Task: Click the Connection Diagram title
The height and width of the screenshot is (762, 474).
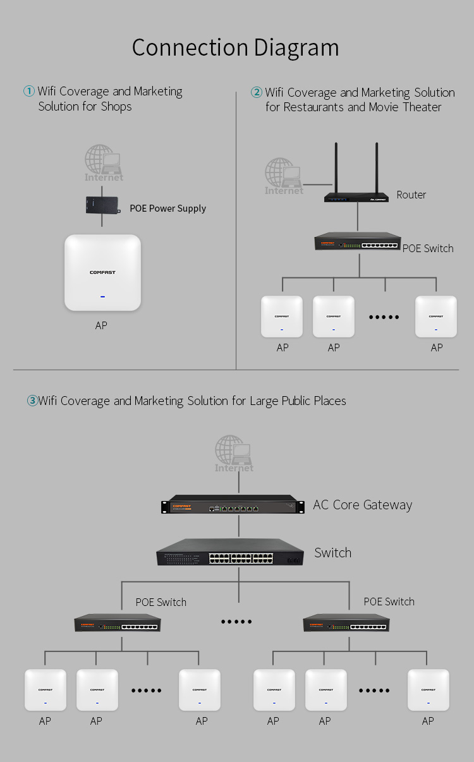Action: coord(236,48)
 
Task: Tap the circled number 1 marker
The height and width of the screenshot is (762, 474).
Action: coord(29,91)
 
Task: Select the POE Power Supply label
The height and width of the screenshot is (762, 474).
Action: coord(167,209)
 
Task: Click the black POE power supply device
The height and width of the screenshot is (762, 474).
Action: coord(103,205)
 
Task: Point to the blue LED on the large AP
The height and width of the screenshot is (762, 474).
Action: coord(102,296)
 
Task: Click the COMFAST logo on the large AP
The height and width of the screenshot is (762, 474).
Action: coord(102,272)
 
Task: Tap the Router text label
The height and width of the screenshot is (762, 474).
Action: coord(411,195)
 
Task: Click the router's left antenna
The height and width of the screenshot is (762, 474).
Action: coord(336,168)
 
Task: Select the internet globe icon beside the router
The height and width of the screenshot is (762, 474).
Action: coord(283,176)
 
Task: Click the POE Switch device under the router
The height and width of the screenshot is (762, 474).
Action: coord(358,241)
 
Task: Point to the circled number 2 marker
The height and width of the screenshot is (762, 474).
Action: coord(257,92)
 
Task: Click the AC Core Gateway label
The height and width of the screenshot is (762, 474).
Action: coord(362,505)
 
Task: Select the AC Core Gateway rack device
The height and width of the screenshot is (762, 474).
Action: coord(233,504)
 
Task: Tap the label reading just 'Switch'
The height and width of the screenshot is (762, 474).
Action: coord(333,553)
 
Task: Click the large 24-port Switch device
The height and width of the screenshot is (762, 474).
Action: coord(230,552)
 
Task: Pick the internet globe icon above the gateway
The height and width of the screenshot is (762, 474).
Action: coord(234,454)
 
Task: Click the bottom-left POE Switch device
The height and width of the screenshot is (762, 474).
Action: coord(118,623)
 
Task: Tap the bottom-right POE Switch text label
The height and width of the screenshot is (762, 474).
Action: coord(389,602)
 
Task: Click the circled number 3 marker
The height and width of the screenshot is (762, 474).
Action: coord(32,401)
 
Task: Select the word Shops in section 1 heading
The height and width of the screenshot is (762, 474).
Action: coord(116,107)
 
